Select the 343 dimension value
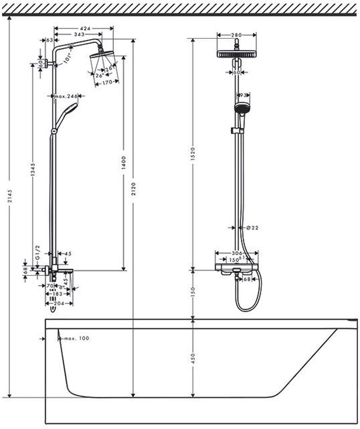79,34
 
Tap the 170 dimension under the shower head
106,84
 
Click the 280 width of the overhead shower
236,34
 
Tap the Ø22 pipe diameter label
251,228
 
